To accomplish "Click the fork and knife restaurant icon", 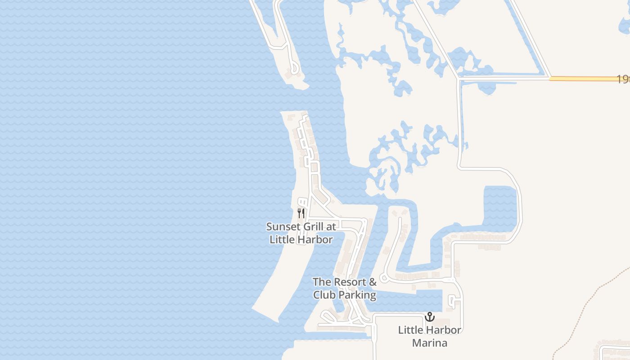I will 301,213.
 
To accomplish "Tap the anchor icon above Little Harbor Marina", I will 430,317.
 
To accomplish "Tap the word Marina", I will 430,343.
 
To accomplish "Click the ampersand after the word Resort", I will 372,282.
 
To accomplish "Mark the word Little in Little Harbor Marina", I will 411,330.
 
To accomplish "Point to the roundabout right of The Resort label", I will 384,278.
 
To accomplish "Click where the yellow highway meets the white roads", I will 549,78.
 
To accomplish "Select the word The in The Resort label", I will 321,282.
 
